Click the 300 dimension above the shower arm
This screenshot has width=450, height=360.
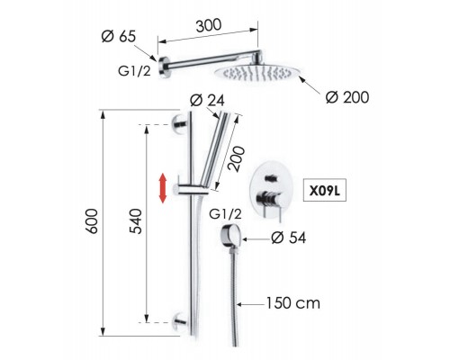209,25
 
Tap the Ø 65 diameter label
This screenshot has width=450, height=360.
119,37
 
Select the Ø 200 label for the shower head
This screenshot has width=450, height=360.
347,97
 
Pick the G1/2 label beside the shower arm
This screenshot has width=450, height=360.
134,71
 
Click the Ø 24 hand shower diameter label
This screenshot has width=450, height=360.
207,101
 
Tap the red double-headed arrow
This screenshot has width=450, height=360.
163,188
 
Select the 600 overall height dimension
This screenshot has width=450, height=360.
92,221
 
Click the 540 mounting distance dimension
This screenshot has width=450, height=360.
135,221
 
